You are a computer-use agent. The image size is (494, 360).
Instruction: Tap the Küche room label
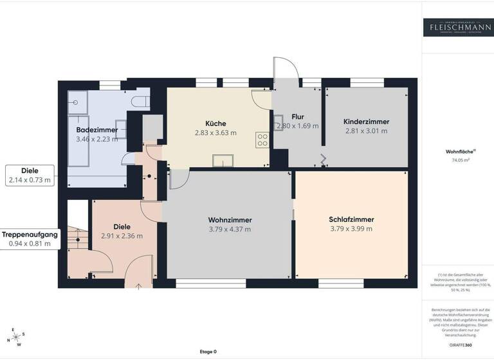pos(215,123)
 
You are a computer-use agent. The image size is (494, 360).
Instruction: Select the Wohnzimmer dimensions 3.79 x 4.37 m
pos(230,229)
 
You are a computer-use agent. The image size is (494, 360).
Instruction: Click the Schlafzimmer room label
pos(351,219)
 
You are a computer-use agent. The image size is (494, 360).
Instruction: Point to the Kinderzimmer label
pos(366,122)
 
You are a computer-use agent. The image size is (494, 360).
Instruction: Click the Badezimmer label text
pos(96,130)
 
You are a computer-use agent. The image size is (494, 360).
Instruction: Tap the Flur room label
pos(297,117)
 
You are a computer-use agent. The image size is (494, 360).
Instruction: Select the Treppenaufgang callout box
pos(30,239)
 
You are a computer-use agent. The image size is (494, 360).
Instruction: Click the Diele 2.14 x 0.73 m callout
pos(30,175)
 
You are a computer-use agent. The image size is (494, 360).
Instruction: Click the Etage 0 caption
pos(208,352)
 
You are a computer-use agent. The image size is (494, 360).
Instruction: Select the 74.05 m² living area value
pos(457,160)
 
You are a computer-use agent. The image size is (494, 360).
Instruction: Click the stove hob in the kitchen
pos(262,139)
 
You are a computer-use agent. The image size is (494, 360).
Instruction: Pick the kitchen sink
pos(223,161)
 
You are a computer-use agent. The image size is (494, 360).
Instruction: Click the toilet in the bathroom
pos(140,101)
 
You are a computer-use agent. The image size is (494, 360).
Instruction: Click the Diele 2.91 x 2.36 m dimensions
pos(122,236)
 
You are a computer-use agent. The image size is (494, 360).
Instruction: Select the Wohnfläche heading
pos(457,152)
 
